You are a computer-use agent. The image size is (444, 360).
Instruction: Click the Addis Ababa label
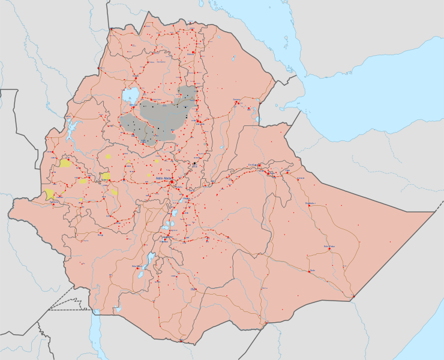(163, 178)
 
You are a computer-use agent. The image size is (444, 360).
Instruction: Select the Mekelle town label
(193, 53)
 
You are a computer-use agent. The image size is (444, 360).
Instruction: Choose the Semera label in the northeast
(236, 100)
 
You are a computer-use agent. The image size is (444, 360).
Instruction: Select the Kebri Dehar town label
(328, 245)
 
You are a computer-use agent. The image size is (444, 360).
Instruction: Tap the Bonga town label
(100, 236)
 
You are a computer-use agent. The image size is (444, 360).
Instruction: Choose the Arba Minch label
(137, 265)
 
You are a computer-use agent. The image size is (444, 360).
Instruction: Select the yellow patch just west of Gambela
(49, 194)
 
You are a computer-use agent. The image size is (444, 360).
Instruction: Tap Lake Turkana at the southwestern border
(95, 336)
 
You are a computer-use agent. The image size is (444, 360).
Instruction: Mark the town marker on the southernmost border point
(181, 341)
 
